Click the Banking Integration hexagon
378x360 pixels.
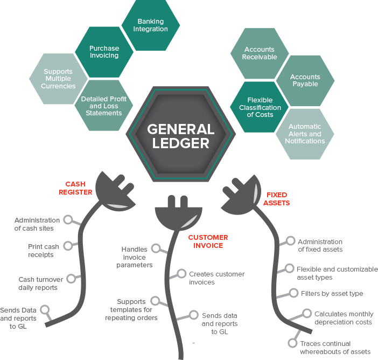[x=150, y=25]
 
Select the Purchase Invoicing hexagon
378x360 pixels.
[x=104, y=51]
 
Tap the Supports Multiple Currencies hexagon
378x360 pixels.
[x=59, y=78]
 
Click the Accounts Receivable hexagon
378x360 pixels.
[x=260, y=53]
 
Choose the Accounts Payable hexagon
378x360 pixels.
[x=305, y=80]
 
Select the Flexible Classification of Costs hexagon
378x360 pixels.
[x=260, y=107]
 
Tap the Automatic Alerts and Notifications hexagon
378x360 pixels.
[x=305, y=134]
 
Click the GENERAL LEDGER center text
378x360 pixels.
[x=181, y=136]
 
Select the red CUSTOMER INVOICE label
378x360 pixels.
[x=208, y=241]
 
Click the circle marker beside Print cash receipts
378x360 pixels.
[x=68, y=246]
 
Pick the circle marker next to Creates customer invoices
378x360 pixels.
[x=181, y=274]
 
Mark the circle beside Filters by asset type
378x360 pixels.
[x=293, y=293]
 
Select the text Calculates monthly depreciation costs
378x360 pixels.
[x=343, y=317]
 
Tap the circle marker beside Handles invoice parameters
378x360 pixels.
[x=156, y=248]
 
